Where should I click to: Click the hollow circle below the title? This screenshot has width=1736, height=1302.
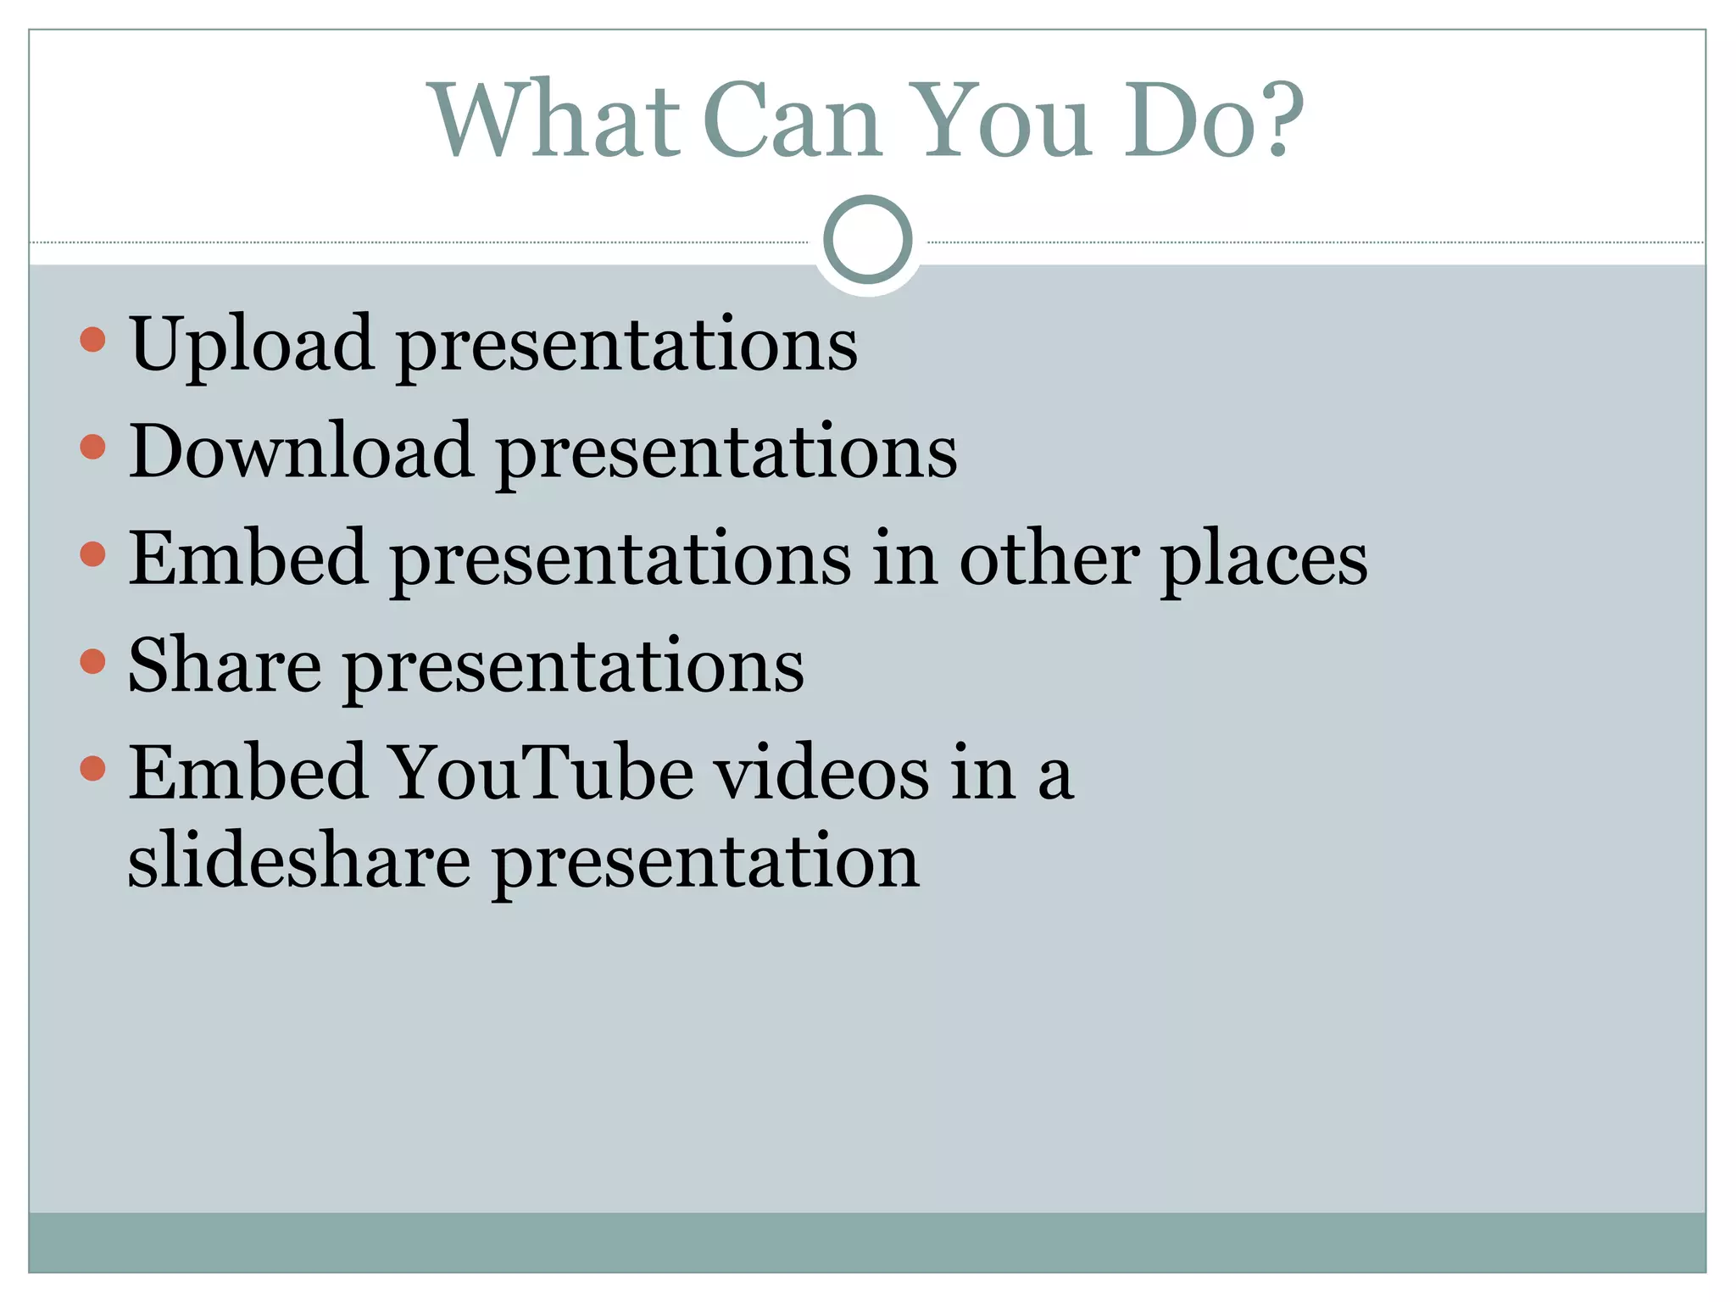click(868, 240)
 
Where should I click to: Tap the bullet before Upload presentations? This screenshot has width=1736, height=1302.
click(92, 340)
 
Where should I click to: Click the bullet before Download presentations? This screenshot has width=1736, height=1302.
click(92, 447)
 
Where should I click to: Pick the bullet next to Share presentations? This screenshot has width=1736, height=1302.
click(92, 661)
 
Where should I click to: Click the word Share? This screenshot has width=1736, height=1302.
click(225, 666)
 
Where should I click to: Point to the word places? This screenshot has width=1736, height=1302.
click(1264, 560)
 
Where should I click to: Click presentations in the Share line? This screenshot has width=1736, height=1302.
click(574, 669)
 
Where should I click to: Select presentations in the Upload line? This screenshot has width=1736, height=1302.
click(627, 347)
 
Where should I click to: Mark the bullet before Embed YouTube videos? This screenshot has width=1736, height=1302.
click(92, 768)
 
